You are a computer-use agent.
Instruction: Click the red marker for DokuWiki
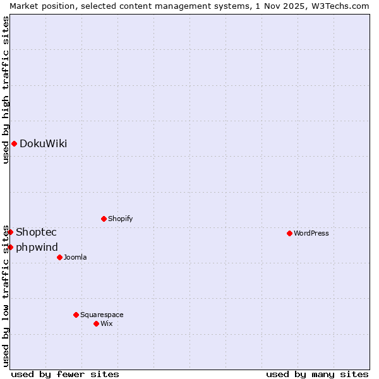(14, 143)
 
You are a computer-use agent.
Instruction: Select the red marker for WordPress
(289, 233)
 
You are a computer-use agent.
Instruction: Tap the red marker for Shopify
(104, 219)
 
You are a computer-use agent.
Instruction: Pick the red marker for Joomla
(59, 257)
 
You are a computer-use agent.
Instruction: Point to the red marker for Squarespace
(76, 315)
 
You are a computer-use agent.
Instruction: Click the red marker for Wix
(96, 323)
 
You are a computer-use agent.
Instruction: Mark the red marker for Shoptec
(10, 232)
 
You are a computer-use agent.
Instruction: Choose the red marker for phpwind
(10, 247)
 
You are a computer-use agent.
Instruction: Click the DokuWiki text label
(43, 143)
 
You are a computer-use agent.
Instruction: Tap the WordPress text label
(311, 233)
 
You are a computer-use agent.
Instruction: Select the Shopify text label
(120, 219)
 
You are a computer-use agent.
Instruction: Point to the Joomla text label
(75, 257)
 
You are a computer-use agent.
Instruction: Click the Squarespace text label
(102, 315)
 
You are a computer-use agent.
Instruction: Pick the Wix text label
(106, 323)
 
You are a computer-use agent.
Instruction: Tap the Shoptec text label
(36, 232)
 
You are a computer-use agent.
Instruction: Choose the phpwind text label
(37, 247)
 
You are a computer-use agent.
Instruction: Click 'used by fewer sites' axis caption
(65, 374)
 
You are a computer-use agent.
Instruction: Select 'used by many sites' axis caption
(317, 374)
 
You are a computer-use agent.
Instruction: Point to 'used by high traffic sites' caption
(6, 90)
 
